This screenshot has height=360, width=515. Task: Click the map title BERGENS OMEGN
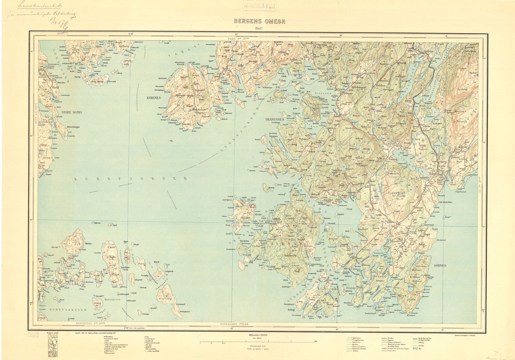(259, 21)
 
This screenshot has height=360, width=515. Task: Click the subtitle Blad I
(258, 28)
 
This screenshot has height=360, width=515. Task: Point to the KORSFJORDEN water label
(131, 179)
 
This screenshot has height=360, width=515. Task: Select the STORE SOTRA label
(72, 112)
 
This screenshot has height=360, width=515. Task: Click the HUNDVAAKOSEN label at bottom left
(68, 311)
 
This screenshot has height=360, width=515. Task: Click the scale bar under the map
(256, 341)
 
